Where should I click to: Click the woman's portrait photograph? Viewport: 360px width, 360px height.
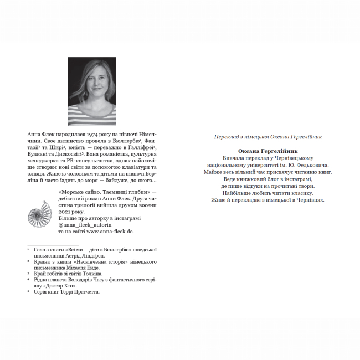[92, 91]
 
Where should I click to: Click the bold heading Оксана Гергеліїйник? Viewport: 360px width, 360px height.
[268, 151]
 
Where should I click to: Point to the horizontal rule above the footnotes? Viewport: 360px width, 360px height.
[53, 244]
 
